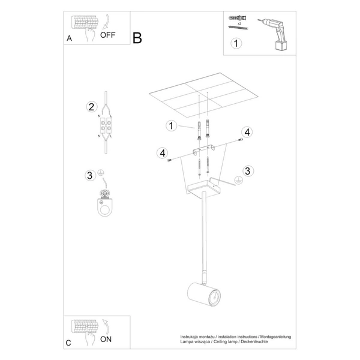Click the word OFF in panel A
point(107,35)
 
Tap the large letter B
point(137,38)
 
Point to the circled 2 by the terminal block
point(91,107)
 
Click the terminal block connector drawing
point(106,127)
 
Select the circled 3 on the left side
point(90,175)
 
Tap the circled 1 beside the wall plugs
point(171,125)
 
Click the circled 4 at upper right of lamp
point(247,132)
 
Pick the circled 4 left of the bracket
point(162,153)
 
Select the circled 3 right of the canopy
point(247,170)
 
